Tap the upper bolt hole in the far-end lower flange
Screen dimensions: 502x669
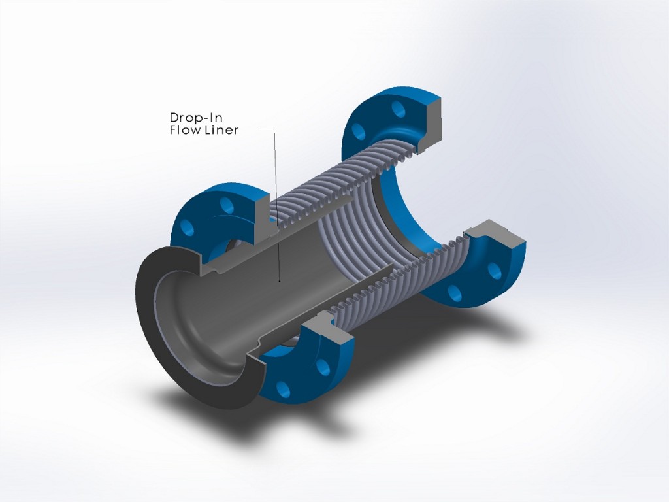(x=495, y=269)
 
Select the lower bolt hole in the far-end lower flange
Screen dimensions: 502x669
(x=455, y=292)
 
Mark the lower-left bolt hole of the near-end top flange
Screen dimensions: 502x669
(x=188, y=228)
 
